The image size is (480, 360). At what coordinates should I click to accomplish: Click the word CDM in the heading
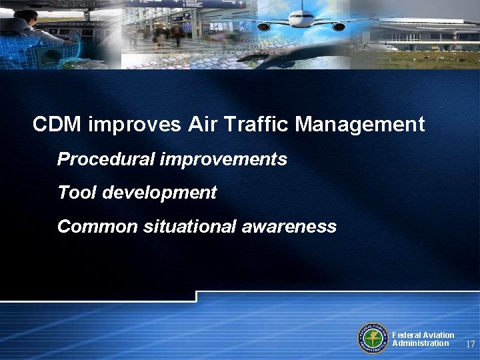point(57,124)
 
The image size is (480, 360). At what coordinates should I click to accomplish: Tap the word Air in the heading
point(203,124)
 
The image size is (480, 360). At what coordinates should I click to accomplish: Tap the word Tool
point(74,193)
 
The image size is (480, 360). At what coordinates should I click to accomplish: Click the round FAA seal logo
point(373,338)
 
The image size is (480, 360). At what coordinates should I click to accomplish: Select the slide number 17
point(470,345)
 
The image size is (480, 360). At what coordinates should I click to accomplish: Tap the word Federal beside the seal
point(406,335)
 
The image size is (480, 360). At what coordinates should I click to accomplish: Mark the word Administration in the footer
point(421,343)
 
